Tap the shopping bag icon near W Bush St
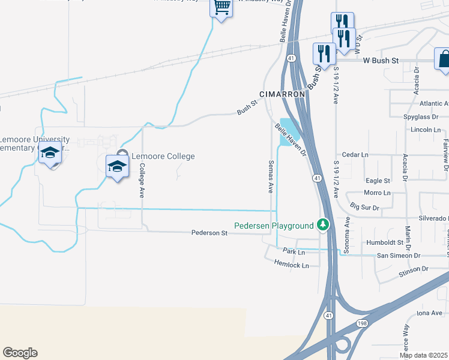pos(444,59)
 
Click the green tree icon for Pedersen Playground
pos(324,225)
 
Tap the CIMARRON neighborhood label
pos(283,94)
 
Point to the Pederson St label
pos(209,233)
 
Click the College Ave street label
pos(142,181)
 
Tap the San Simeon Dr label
pos(398,255)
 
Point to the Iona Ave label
pos(429,313)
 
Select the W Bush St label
pos(381,61)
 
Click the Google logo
pos(20,353)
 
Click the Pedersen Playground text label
pos(274,226)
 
